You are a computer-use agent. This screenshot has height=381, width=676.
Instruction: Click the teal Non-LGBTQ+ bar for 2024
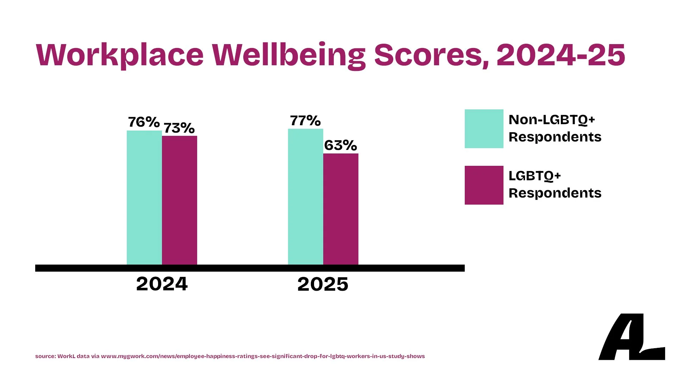144,198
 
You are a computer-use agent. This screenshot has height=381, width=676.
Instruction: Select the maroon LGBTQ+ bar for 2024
180,200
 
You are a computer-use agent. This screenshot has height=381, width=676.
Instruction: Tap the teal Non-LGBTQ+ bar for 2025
306,196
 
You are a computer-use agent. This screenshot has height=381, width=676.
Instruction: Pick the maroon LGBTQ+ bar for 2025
341,209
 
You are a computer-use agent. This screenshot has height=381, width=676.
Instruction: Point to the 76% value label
144,122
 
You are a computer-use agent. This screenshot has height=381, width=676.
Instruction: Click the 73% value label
179,128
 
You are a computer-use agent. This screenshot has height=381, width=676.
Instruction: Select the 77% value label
305,121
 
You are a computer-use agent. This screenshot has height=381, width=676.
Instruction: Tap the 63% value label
340,145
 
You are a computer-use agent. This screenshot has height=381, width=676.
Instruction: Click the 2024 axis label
162,284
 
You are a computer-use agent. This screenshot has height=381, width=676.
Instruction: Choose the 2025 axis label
323,284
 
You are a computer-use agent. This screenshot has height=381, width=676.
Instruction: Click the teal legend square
484,129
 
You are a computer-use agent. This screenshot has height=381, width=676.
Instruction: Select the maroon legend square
484,185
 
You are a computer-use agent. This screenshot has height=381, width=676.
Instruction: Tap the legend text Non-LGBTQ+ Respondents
555,128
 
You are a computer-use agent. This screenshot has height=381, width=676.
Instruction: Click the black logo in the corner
631,337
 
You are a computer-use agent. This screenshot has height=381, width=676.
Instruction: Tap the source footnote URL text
263,356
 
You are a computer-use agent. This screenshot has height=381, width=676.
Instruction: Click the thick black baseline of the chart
250,268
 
